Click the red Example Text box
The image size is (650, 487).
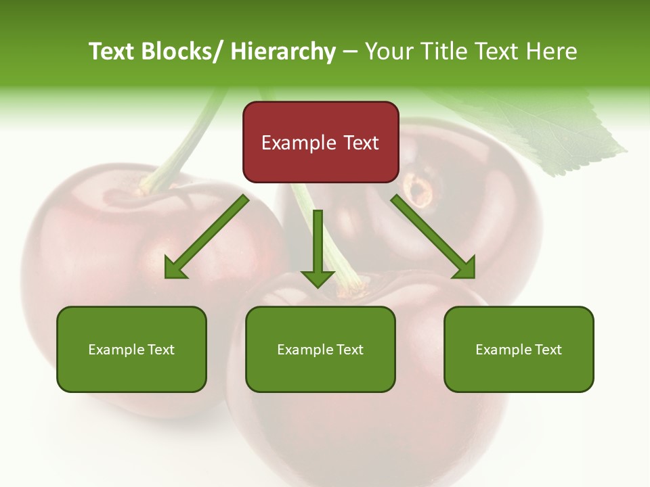(320, 142)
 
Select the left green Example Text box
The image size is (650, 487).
(131, 349)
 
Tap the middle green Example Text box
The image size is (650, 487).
(320, 349)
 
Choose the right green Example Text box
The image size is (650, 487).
(519, 349)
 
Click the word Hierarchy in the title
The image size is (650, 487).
(283, 51)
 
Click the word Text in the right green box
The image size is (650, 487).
(548, 349)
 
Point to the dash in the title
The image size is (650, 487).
(350, 51)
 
